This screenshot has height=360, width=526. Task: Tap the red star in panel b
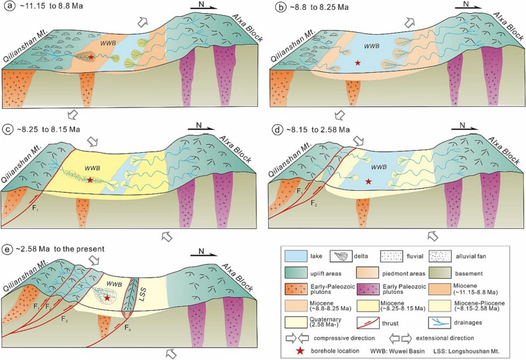[357, 63]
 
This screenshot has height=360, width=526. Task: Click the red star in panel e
[107, 298]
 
